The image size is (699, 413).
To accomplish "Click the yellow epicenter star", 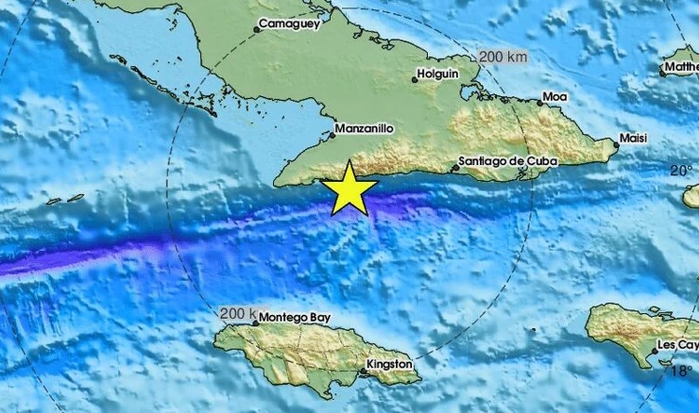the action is pos(350,188).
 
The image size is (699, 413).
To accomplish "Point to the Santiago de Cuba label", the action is pos(507,161).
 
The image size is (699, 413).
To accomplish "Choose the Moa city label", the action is pos(554,97).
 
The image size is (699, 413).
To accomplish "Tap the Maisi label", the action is pos(633,139).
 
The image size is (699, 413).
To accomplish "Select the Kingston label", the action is pos(390,364).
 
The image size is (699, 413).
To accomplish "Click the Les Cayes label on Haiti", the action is pos(678,345).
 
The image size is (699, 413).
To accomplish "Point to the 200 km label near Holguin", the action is pos(503,57).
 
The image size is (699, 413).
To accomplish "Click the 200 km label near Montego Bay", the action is pos(237,313).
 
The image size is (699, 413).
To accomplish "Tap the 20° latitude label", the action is pos(681,171).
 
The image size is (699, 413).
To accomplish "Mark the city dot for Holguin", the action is pos(416,79).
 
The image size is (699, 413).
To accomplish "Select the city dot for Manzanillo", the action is pos(332,136).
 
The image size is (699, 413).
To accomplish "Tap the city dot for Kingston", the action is pos(363,372).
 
